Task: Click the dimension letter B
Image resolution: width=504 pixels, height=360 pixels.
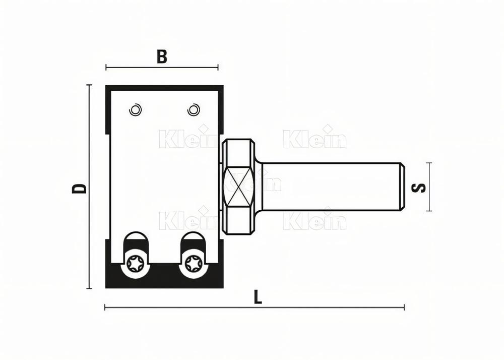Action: pos(161,56)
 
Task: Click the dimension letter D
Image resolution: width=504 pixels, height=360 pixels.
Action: pos(79,188)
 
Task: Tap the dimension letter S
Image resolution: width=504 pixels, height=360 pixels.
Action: pos(419,188)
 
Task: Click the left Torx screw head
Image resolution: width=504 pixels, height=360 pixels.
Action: pos(136,263)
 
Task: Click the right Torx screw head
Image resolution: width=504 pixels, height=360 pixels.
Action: pos(193,263)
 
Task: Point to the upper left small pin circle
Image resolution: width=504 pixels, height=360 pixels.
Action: pos(135,109)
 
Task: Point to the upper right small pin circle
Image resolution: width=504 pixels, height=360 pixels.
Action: pos(193,109)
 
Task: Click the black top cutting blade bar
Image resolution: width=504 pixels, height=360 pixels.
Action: pos(164,88)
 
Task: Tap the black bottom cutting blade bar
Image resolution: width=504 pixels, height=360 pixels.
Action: pos(164,280)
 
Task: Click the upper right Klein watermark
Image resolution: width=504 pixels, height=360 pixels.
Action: pos(314,139)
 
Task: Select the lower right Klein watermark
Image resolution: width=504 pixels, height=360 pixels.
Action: pos(314,221)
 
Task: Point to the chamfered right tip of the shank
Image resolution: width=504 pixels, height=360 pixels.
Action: pos(402,186)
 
